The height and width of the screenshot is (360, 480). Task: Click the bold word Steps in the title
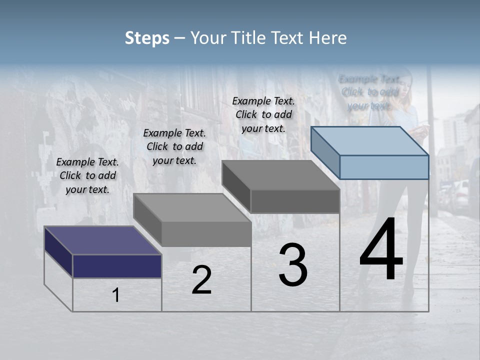pos(146,38)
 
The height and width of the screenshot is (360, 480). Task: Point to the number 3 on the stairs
pos(293,265)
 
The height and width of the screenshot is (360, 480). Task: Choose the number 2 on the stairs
pos(201,280)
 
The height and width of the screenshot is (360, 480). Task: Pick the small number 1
pos(116,295)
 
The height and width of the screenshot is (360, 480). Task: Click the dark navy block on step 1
pos(117,266)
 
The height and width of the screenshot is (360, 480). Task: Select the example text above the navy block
pos(87,175)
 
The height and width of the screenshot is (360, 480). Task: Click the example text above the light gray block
pos(174,146)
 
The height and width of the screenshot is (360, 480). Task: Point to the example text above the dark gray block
pos(263,114)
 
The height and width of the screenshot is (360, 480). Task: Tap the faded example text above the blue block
pos(369,92)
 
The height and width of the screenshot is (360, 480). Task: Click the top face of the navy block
pos(102,240)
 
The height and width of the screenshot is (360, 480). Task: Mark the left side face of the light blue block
pos(325,152)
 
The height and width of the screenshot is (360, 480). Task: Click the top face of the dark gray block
pos(280,175)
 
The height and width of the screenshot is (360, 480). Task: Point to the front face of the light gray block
pos(206,234)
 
